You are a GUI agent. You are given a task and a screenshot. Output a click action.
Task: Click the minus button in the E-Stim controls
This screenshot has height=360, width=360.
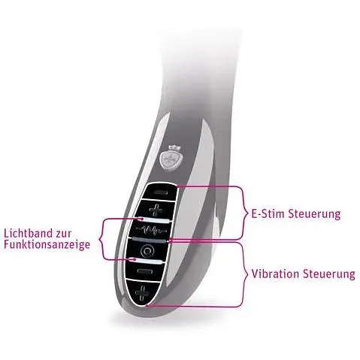click(x=160, y=192)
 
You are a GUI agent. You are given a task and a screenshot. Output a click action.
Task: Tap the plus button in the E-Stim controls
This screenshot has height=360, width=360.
click(x=156, y=210)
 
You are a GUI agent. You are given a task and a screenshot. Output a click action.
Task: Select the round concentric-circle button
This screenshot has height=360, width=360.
click(x=147, y=250)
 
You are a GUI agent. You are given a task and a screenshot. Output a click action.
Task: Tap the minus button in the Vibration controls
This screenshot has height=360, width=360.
click(x=144, y=271)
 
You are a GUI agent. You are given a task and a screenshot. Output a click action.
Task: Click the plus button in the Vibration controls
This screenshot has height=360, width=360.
click(x=142, y=292)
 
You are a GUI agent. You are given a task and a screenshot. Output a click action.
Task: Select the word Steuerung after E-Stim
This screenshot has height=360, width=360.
click(x=314, y=214)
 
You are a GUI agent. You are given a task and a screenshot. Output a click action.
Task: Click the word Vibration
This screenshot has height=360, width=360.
click(x=275, y=274)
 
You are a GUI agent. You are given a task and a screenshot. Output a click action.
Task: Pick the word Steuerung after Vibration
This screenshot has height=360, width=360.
click(x=328, y=274)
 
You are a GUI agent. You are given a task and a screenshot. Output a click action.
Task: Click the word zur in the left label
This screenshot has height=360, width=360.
click(x=64, y=234)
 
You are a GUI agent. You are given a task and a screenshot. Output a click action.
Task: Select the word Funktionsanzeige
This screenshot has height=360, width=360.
click(x=47, y=244)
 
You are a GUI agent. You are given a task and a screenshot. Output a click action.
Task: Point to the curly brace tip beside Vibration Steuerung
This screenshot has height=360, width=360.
click(x=247, y=274)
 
